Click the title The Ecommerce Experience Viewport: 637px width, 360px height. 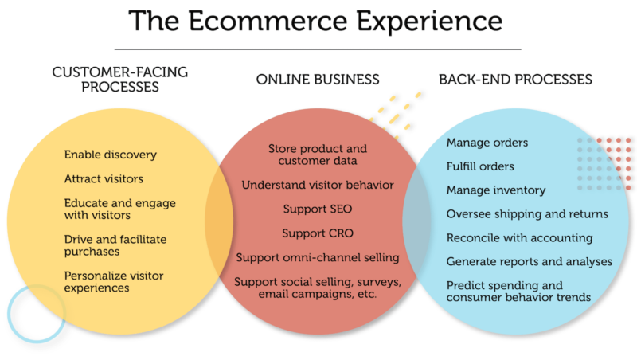tap(318, 22)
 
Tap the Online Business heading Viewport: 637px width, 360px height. tap(318, 80)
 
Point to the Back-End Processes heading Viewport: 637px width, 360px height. tap(515, 80)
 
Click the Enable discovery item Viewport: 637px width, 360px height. tap(111, 155)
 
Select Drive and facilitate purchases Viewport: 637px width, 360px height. tap(115, 245)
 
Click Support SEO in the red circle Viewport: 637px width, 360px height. tap(318, 209)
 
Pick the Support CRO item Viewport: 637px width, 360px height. tap(318, 234)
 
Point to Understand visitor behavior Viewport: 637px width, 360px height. tap(318, 185)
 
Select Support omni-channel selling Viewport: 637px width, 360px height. tap(318, 258)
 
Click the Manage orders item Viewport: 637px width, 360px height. tap(487, 143)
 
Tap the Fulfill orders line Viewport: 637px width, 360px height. tap(480, 166)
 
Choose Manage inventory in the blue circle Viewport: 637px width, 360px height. tap(495, 190)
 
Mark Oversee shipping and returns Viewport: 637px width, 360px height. tap(527, 213)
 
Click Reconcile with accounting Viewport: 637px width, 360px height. tap(519, 237)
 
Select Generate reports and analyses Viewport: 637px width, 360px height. tap(529, 261)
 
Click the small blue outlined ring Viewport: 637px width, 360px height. tap(36, 314)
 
